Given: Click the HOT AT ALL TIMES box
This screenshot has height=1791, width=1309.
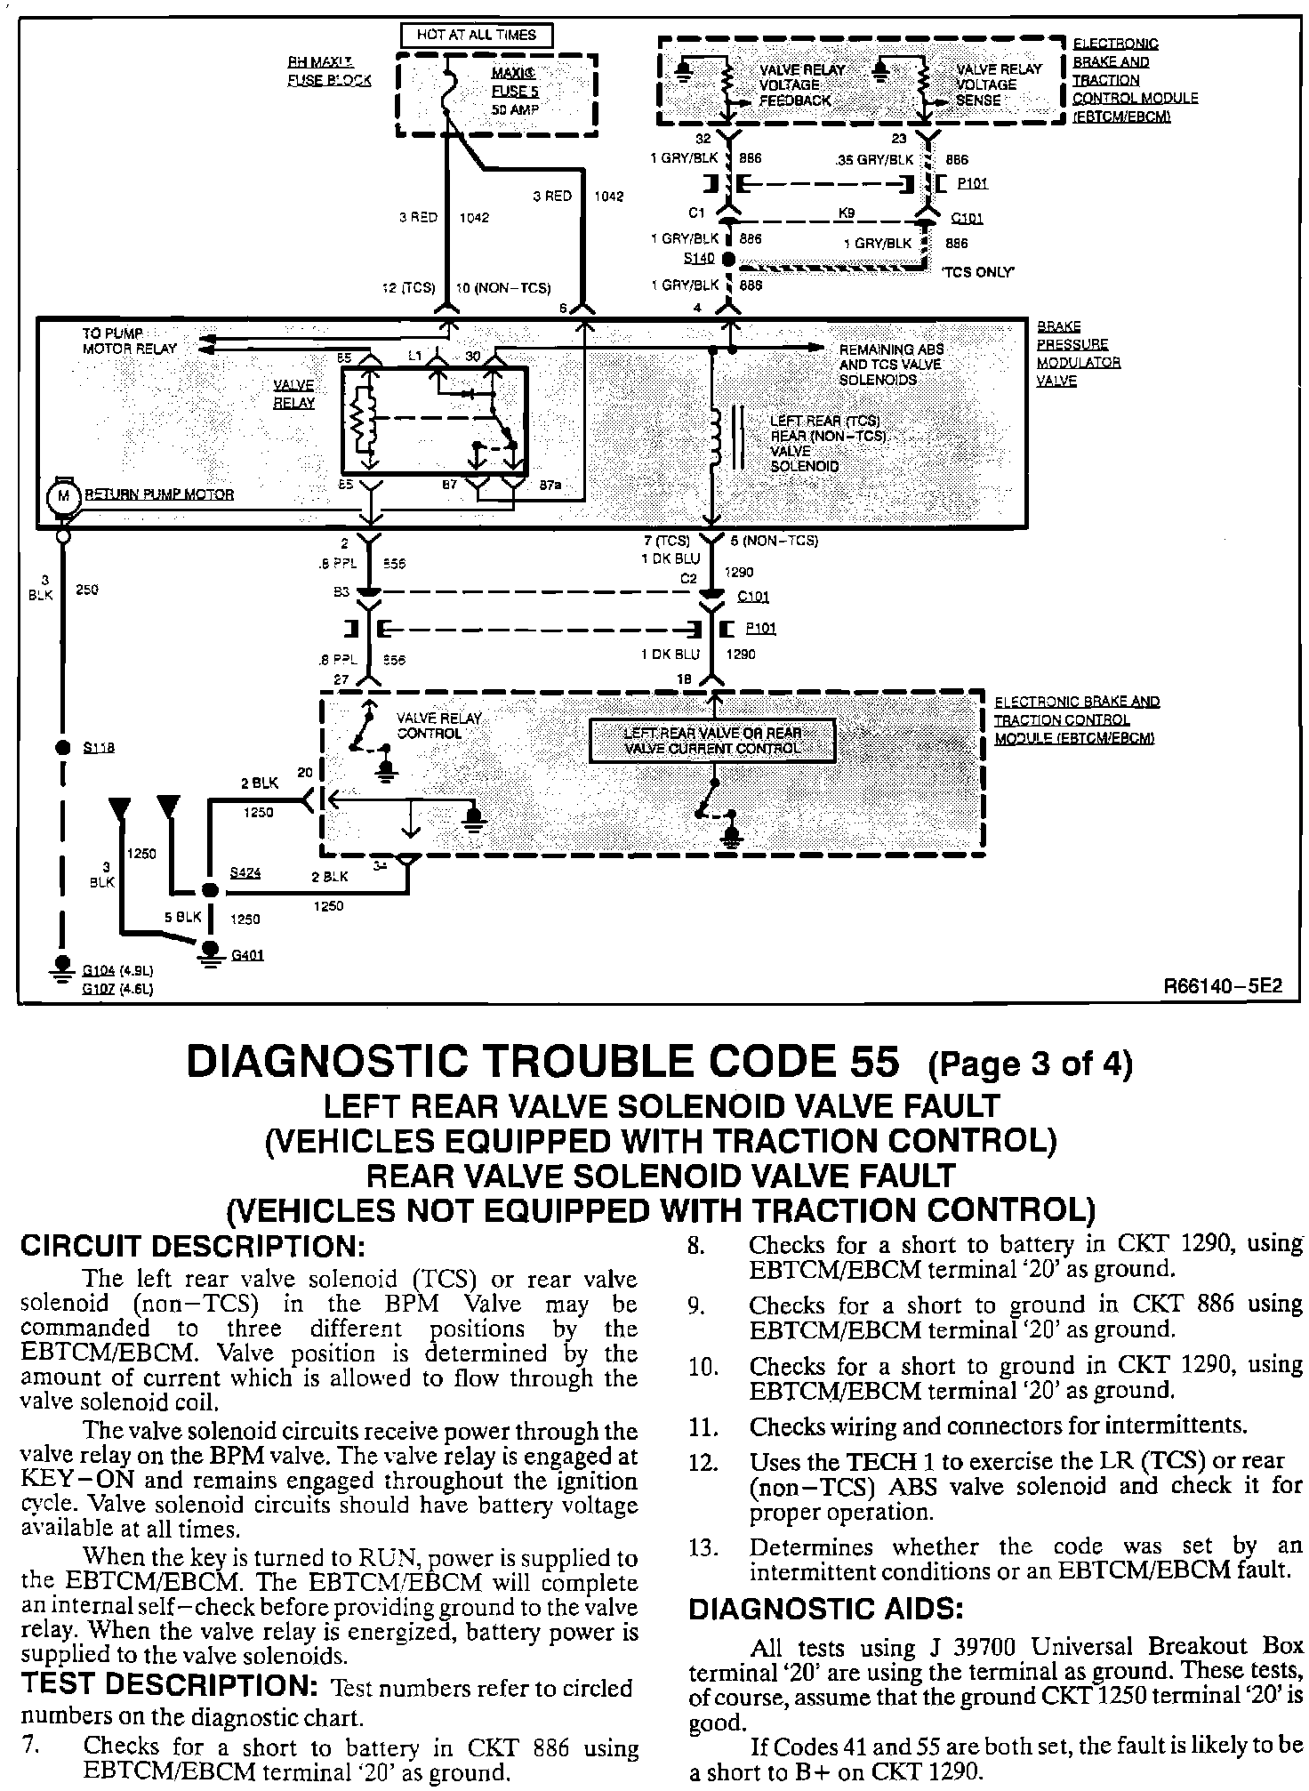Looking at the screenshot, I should [477, 36].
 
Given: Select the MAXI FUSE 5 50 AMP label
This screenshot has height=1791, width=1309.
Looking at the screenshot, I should [515, 91].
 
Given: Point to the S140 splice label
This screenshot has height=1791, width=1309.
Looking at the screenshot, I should [698, 258].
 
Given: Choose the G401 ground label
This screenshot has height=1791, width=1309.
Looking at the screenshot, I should [246, 956].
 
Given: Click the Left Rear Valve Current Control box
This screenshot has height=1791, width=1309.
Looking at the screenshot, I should [712, 741].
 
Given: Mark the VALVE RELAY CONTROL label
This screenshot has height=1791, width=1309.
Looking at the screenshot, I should [438, 726].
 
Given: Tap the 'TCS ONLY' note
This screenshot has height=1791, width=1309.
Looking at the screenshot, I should [976, 272].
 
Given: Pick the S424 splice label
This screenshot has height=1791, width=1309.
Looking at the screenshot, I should [245, 873].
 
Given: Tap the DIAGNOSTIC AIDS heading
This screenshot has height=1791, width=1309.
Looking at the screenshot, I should [826, 1609].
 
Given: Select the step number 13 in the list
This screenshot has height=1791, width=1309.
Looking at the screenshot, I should [703, 1548].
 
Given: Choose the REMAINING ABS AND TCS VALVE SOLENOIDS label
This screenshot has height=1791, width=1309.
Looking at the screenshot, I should [891, 365].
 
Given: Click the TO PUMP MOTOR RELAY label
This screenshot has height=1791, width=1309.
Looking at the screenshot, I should [129, 341].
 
